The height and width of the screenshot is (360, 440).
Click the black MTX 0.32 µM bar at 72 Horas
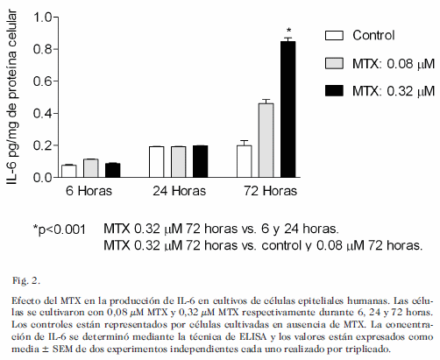(288, 109)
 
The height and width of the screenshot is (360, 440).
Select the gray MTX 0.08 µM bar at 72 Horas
(266, 140)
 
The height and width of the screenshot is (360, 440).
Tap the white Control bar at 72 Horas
(245, 161)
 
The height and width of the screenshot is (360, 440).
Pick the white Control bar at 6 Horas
(69, 171)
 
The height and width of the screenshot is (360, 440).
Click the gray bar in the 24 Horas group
(179, 162)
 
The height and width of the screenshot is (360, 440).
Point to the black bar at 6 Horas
(113, 170)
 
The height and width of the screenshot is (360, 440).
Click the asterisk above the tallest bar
(288, 30)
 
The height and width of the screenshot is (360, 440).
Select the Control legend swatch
(334, 35)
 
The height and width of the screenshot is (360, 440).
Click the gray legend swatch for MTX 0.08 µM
(334, 63)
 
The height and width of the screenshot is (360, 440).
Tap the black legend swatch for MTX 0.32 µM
(334, 91)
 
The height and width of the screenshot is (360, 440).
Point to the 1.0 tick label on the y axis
(43, 18)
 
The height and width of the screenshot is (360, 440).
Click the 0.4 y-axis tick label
(43, 113)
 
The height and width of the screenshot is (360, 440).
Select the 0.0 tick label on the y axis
(43, 178)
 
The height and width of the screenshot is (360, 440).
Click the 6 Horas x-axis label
(89, 191)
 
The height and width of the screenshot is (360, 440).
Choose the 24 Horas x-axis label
(179, 191)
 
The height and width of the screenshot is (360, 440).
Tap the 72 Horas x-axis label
(270, 191)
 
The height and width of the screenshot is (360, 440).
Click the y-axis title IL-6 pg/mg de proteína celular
(11, 97)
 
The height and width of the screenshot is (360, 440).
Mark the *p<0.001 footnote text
(60, 229)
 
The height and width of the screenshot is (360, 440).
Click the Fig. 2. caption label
(26, 281)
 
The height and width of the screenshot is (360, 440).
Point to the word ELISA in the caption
(253, 336)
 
